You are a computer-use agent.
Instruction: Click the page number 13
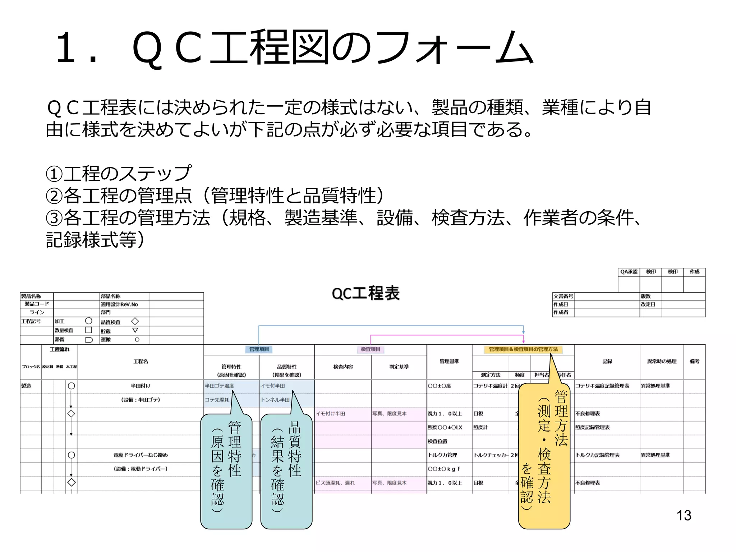pyautogui.click(x=684, y=515)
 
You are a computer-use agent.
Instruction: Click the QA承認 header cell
pyautogui.click(x=629, y=272)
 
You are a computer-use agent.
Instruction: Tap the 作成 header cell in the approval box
pyautogui.click(x=694, y=272)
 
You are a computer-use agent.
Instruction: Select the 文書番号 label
pyautogui.click(x=563, y=296)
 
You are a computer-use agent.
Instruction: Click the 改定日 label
pyautogui.click(x=648, y=304)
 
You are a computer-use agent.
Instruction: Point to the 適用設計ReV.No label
pyautogui.click(x=119, y=304)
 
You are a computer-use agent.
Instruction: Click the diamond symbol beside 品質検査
pyautogui.click(x=135, y=321)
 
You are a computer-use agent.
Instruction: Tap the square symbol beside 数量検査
pyautogui.click(x=89, y=330)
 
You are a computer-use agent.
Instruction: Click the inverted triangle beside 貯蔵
pyautogui.click(x=135, y=330)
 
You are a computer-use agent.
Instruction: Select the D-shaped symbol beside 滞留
pyautogui.click(x=89, y=340)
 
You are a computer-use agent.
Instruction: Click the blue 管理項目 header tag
pyautogui.click(x=259, y=349)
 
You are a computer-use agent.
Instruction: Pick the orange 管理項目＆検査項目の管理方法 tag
pyautogui.click(x=523, y=349)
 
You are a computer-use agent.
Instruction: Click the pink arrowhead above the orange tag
pyautogui.click(x=523, y=341)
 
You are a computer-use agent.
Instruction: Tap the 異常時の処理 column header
pyautogui.click(x=662, y=361)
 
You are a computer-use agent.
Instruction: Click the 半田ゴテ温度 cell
pyautogui.click(x=219, y=386)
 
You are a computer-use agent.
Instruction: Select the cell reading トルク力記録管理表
pyautogui.click(x=598, y=455)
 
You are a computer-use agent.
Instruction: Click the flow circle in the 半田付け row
pyautogui.click(x=71, y=386)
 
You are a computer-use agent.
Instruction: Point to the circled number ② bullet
pyautogui.click(x=54, y=196)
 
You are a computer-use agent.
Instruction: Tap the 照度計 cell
pyautogui.click(x=480, y=427)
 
